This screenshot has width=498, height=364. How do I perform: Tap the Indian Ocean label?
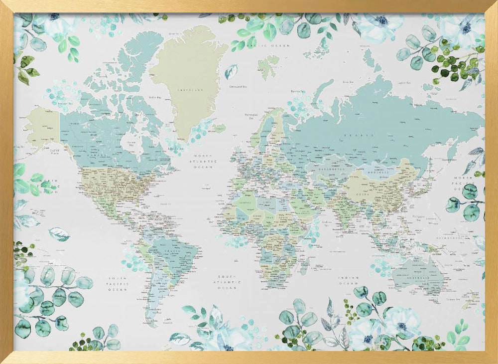tap(348, 280)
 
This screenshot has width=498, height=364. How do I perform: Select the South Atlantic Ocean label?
tap(231, 281)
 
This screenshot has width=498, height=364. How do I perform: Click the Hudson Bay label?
tap(130, 144)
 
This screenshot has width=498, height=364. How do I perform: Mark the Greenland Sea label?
tap(236, 86)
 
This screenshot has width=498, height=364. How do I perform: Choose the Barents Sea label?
tap(297, 91)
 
